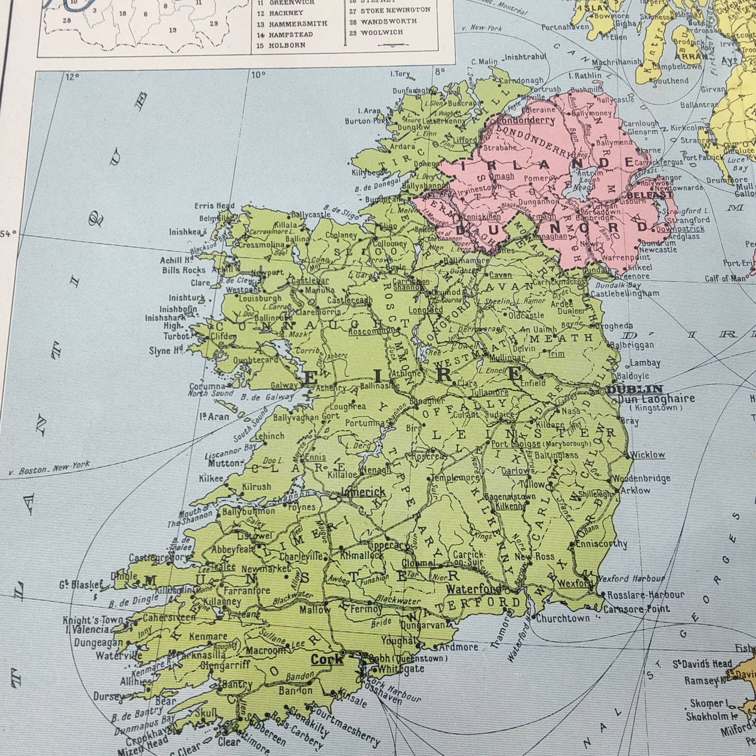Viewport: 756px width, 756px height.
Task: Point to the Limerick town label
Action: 363,492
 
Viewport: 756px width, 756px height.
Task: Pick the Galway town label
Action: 284,385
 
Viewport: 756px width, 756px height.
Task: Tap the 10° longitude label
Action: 258,75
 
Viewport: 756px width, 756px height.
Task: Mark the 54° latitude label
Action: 8,234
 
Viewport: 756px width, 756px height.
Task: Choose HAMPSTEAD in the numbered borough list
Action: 290,34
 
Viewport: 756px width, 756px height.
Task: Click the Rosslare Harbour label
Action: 646,595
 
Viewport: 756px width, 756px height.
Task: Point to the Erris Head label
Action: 214,206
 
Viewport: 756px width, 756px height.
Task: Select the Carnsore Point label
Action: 636,609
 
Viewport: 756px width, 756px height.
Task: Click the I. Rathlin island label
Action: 585,76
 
